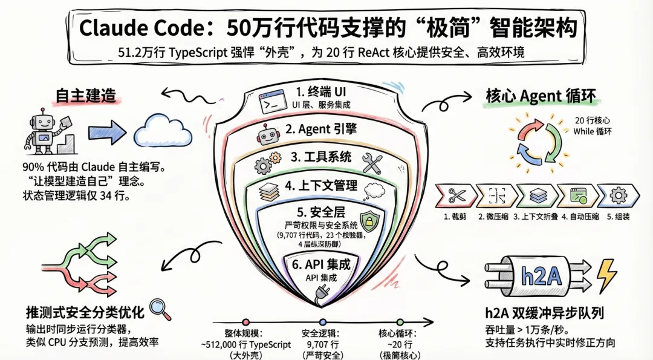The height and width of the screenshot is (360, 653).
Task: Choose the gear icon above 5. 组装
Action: coord(617,195)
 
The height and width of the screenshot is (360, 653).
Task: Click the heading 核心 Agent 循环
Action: coord(541,96)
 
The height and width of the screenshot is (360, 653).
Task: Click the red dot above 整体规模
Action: coord(245,322)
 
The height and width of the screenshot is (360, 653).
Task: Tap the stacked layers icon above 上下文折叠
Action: coord(536,195)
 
